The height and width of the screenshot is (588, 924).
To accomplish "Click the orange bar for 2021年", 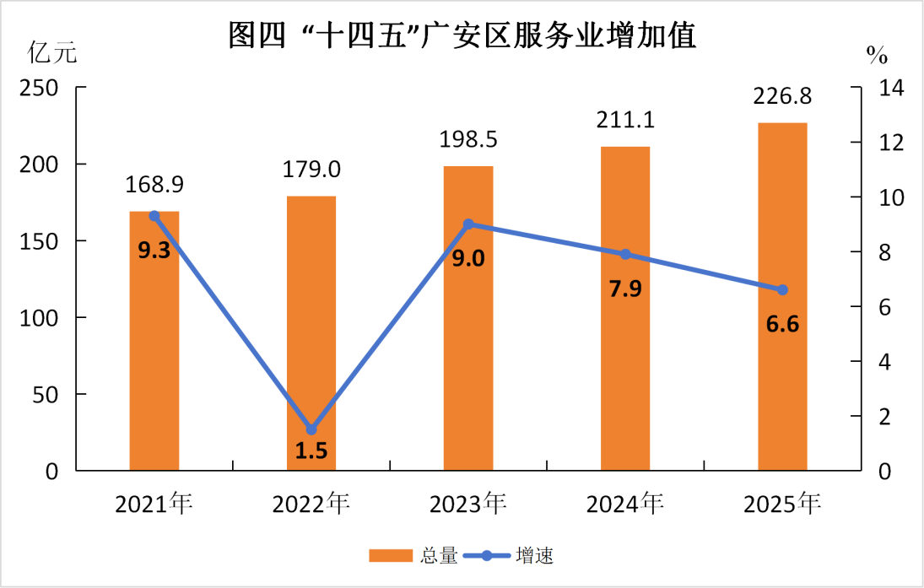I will (154, 341).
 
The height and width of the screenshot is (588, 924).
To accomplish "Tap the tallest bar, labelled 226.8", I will (782, 296).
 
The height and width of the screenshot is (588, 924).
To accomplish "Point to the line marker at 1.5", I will (311, 429).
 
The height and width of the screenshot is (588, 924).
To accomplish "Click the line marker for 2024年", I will (625, 254).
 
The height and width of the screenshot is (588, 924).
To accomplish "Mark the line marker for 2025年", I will (782, 289).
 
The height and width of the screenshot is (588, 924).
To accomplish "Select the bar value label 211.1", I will (626, 120).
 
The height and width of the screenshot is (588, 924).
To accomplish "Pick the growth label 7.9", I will (625, 289).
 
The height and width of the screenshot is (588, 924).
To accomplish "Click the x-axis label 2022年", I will (311, 504).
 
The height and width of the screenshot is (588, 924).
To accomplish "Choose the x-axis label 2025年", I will (782, 504).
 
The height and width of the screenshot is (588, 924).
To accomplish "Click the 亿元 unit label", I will (52, 54).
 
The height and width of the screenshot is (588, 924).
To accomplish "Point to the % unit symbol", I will (877, 57).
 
